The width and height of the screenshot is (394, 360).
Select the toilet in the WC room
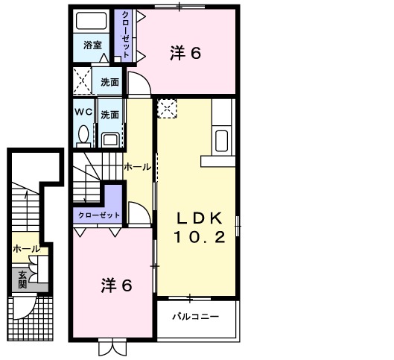83,135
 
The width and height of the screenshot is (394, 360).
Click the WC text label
83,113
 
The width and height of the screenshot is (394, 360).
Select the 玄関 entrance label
22,279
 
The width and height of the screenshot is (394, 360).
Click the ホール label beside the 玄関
25,249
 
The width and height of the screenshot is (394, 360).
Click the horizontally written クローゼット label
98,215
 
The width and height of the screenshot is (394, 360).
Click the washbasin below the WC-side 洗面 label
110,139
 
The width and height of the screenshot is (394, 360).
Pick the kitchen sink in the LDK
222,139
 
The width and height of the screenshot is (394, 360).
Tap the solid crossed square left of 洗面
83,80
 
